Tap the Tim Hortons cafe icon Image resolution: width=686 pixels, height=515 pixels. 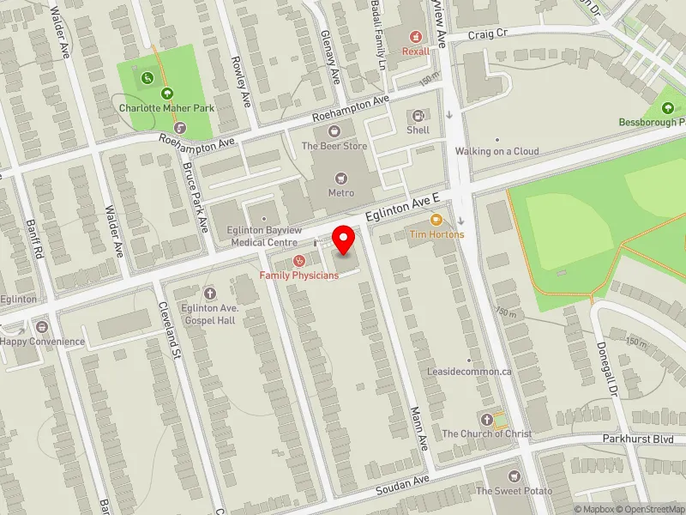click(436, 221)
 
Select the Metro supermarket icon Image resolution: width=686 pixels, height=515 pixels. click(341, 178)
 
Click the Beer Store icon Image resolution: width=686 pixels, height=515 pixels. click(334, 131)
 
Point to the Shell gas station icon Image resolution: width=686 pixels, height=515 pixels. click(418, 116)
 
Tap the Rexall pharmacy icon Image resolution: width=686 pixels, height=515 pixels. click(416, 36)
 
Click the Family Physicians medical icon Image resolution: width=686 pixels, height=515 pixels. click(299, 260)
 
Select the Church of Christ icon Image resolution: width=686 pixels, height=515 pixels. click(487, 420)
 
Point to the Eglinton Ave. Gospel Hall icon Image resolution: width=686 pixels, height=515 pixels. click(209, 294)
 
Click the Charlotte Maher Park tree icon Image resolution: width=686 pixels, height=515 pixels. click(166, 94)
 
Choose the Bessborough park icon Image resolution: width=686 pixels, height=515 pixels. click(669, 107)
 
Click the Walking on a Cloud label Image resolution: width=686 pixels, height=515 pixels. click(496, 151)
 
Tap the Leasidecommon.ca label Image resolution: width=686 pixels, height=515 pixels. click(469, 372)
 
